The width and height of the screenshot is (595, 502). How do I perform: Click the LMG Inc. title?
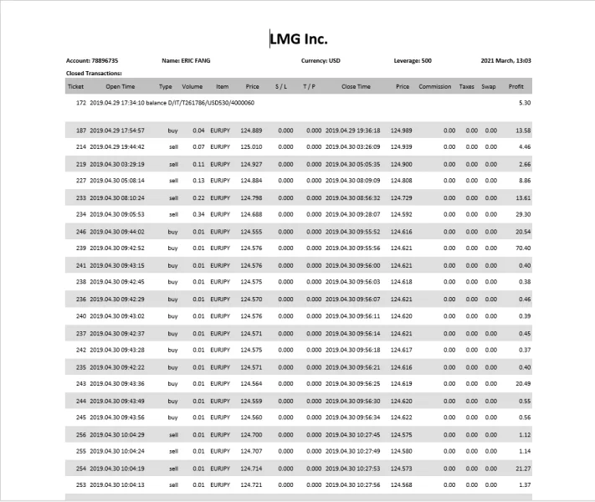(x=298, y=38)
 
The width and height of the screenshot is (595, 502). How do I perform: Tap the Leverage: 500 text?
(x=413, y=60)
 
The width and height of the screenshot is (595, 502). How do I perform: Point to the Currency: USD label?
(x=321, y=60)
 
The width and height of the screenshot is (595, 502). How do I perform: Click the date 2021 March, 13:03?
(x=506, y=60)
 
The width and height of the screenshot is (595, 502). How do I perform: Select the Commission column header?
(x=435, y=86)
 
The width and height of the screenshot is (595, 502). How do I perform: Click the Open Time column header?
(x=120, y=86)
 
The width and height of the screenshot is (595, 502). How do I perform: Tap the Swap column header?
(x=488, y=86)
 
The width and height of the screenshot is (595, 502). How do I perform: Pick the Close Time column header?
(x=356, y=86)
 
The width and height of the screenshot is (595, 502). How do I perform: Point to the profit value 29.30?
(x=522, y=213)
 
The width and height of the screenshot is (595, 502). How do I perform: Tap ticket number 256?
(x=81, y=434)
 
